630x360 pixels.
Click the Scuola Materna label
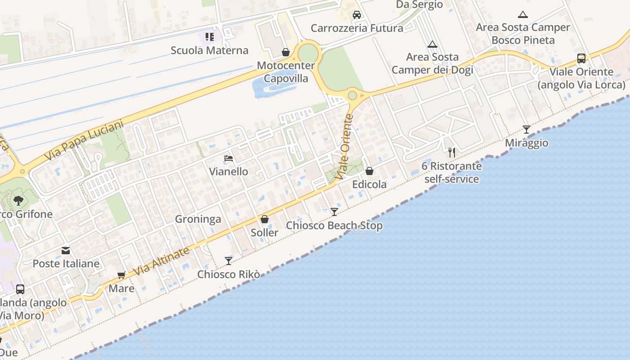209,50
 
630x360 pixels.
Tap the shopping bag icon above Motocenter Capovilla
285,53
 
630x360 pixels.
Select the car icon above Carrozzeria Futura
357,15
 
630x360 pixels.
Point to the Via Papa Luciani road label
84,140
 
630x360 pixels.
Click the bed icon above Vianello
229,158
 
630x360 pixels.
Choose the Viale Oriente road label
346,147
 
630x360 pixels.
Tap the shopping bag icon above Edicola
369,171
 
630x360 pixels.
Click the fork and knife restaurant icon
452,153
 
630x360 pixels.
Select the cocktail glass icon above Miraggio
526,130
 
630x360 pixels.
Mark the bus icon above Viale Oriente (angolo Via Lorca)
581,58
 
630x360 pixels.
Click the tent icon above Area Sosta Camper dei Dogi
432,44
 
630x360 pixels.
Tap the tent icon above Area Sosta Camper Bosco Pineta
523,14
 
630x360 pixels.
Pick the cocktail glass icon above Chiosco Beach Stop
334,211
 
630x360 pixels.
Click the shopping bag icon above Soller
265,219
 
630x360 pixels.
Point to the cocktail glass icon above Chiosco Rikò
229,261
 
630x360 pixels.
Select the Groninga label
198,219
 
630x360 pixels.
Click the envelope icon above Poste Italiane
66,250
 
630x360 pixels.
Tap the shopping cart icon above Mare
121,275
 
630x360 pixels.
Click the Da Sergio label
419,4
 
